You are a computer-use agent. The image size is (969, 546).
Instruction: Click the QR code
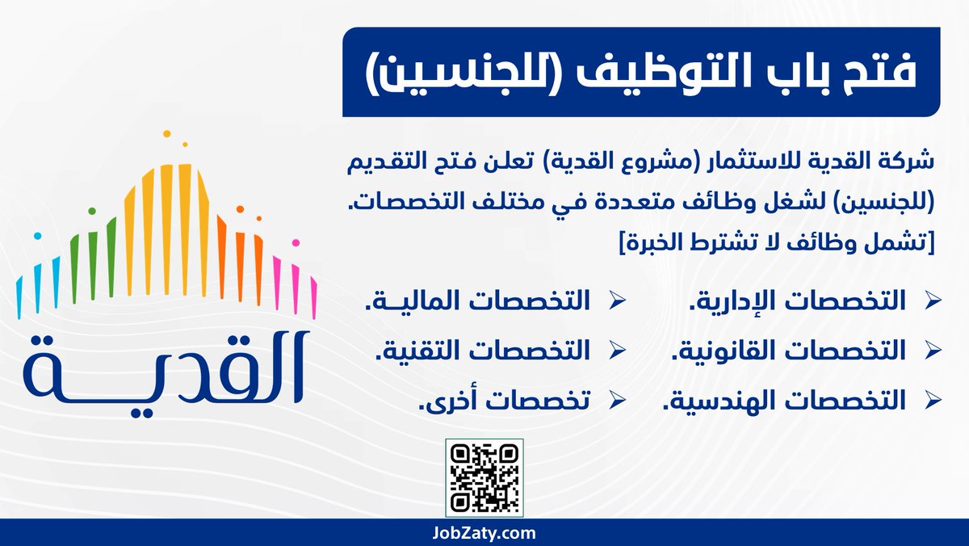pyautogui.click(x=484, y=477)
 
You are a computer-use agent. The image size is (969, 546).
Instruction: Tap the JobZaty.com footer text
pyautogui.click(x=484, y=533)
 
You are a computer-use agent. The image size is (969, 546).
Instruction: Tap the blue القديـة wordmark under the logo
pyautogui.click(x=164, y=368)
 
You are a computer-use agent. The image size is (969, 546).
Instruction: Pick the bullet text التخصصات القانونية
pyautogui.click(x=788, y=351)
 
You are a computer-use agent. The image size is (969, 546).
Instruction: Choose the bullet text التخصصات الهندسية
pyautogui.click(x=784, y=399)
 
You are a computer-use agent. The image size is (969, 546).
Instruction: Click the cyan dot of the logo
pyautogui.click(x=37, y=236)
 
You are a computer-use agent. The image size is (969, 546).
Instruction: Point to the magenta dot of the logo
pyautogui.click(x=296, y=242)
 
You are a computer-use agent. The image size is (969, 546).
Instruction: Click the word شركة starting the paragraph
pyautogui.click(x=908, y=161)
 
